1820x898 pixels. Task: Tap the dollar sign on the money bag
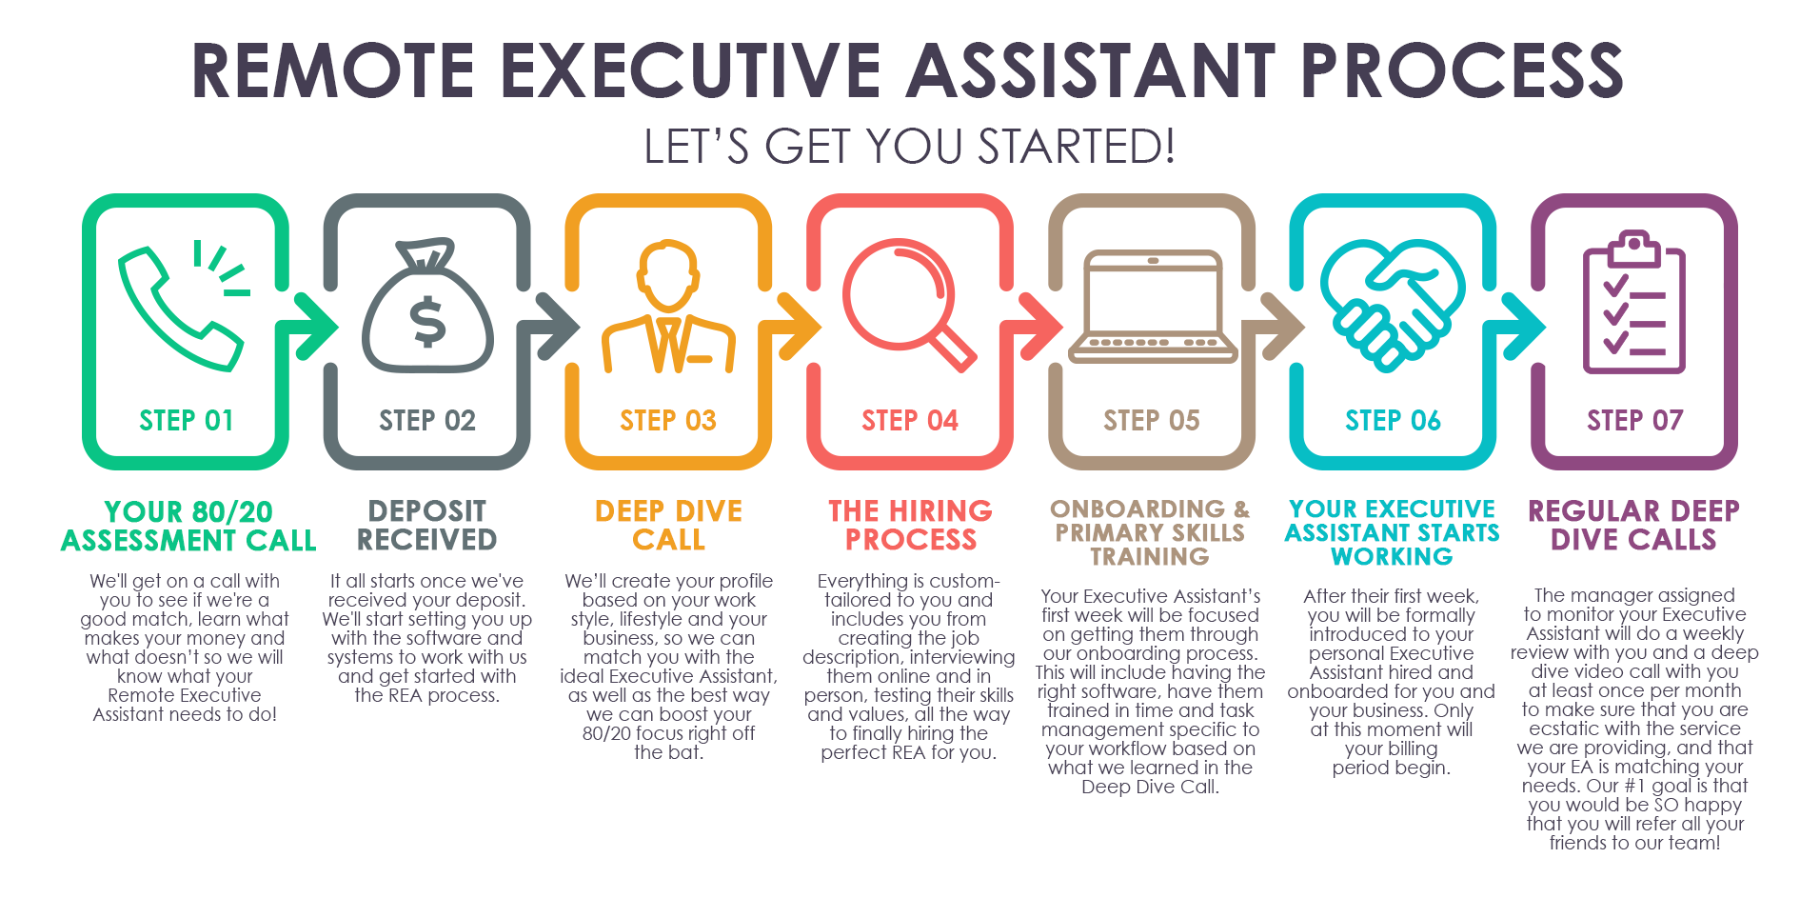427,321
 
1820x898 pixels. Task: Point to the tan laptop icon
1152,307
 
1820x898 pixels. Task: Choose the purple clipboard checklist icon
1634,302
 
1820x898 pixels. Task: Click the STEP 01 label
187,420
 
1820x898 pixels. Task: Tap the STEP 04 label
910,420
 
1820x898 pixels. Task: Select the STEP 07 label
1634,420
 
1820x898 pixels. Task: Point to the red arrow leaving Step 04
1034,327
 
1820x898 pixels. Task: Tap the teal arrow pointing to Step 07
1517,327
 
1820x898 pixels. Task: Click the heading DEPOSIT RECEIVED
427,525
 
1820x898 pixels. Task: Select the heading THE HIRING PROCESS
911,525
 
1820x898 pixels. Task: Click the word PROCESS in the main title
1462,70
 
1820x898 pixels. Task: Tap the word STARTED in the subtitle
1077,147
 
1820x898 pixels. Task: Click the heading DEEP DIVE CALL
669,525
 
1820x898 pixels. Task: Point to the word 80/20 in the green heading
231,511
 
